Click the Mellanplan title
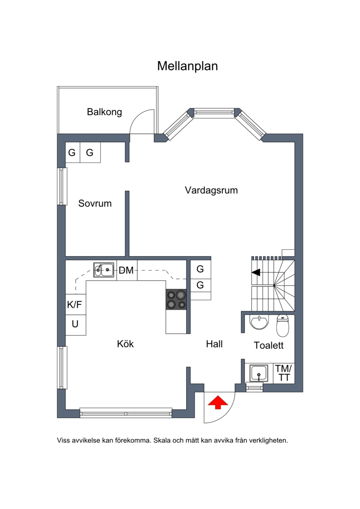pyautogui.click(x=187, y=66)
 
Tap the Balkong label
pyautogui.click(x=104, y=112)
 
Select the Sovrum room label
pyautogui.click(x=95, y=203)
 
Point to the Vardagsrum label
pyautogui.click(x=211, y=190)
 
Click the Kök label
pyautogui.click(x=125, y=343)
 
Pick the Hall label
pyautogui.click(x=214, y=344)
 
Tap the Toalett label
pyautogui.click(x=269, y=345)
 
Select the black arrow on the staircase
pyautogui.click(x=256, y=272)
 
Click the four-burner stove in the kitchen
pyautogui.click(x=176, y=300)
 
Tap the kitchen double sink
pyautogui.click(x=104, y=270)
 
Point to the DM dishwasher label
pyautogui.click(x=126, y=270)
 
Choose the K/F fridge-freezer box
pyautogui.click(x=76, y=305)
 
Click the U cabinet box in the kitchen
pyautogui.click(x=76, y=325)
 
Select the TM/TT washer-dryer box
pyautogui.click(x=283, y=373)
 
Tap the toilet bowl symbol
pyautogui.click(x=283, y=325)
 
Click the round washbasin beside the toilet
pyautogui.click(x=259, y=322)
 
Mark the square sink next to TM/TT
pyautogui.click(x=259, y=373)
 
